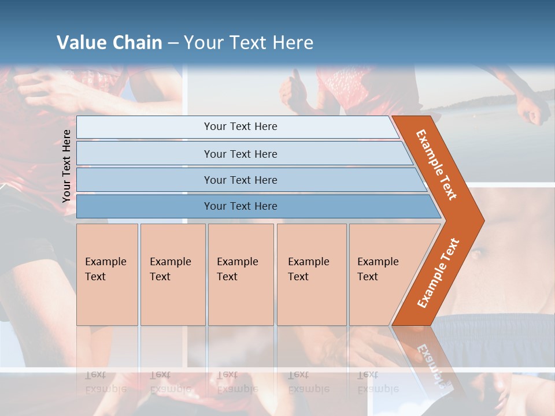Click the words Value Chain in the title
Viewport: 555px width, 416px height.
pos(109,42)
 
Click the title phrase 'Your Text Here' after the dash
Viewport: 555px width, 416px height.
pos(249,42)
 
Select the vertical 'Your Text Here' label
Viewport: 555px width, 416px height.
pos(66,166)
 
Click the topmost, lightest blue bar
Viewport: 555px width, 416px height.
pos(240,127)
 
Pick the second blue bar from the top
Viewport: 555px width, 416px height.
pos(240,154)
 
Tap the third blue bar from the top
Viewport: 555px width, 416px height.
pos(240,180)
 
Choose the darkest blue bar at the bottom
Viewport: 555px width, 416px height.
pos(240,206)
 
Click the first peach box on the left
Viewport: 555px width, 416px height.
pos(107,274)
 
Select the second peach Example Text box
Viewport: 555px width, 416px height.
pos(172,274)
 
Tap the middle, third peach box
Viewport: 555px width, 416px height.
pos(240,274)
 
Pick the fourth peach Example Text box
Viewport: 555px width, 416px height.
pos(311,274)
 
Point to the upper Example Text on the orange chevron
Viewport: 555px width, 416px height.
pos(436,165)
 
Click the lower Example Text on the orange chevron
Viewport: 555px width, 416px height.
pos(438,273)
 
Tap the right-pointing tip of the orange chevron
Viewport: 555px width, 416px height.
pos(480,220)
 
